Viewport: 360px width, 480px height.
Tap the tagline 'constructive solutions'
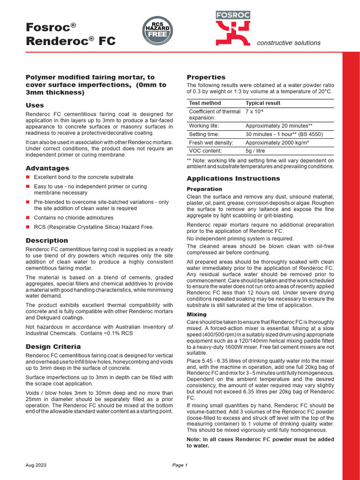coord(289,43)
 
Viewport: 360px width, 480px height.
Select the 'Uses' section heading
coord(35,105)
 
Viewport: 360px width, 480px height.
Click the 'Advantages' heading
coord(47,168)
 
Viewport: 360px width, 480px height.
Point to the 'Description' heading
coord(46,240)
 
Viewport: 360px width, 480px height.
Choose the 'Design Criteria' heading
coord(53,346)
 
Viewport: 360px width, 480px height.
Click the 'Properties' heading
coord(206,77)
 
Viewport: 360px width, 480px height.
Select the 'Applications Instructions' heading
coord(233,179)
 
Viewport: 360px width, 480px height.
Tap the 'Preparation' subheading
coord(204,189)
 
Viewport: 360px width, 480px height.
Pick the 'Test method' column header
coord(205,103)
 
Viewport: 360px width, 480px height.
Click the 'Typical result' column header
coord(263,103)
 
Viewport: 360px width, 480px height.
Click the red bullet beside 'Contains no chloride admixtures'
coord(28,217)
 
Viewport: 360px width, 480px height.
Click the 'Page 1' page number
coord(180,465)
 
